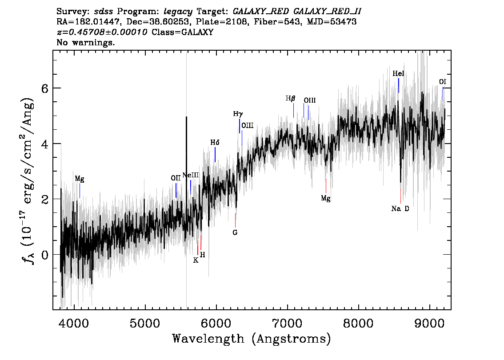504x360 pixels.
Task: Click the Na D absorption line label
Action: tap(400, 208)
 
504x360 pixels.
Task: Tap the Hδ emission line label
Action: tap(215, 142)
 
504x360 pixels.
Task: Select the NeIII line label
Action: tap(191, 175)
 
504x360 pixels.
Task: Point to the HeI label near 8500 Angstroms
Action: tap(398, 74)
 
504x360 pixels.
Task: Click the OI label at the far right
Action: tap(443, 82)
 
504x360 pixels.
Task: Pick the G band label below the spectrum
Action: tap(235, 232)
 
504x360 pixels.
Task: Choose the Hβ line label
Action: tap(290, 98)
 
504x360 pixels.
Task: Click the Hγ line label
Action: tap(238, 114)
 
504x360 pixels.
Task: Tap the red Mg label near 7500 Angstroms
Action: tap(326, 198)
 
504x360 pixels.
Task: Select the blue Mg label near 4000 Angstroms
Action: tap(80, 179)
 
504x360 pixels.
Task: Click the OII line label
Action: tap(176, 178)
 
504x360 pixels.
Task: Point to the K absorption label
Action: tap(196, 260)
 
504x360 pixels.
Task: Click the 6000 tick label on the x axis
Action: tap(216, 324)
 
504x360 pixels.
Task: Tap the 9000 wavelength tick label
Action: tap(429, 324)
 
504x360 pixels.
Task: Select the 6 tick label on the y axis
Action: tap(45, 88)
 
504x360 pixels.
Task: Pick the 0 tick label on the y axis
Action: tap(45, 255)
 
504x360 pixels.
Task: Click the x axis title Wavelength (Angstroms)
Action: tap(252, 339)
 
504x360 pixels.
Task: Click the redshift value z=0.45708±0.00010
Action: tap(102, 32)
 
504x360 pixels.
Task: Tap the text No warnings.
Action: tap(85, 42)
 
